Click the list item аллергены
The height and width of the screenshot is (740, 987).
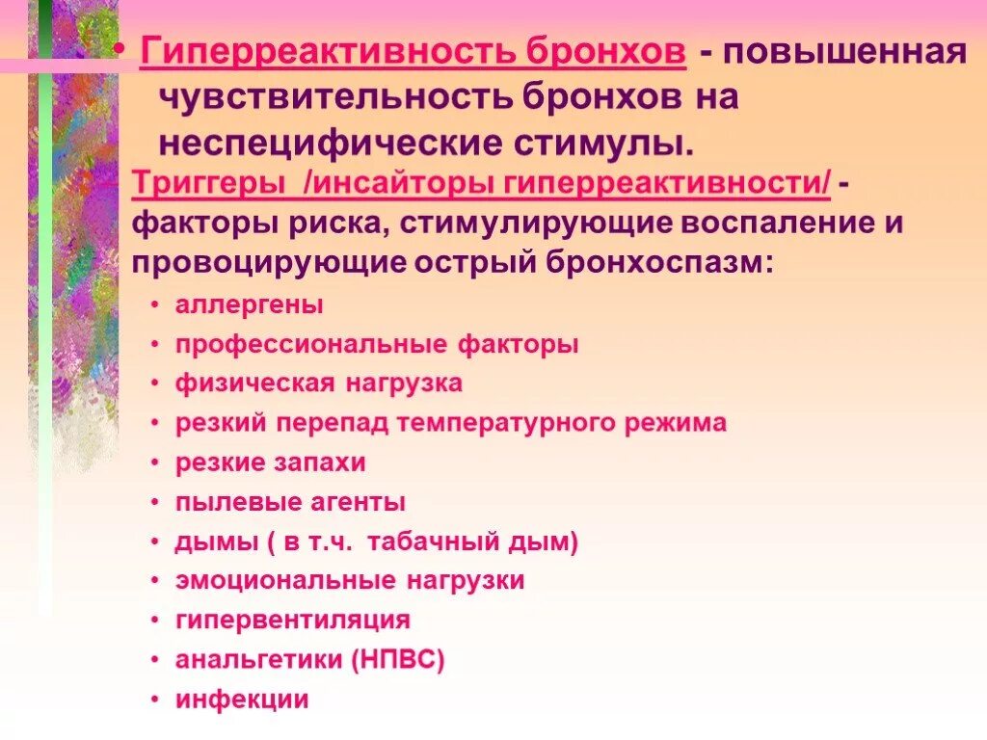(249, 305)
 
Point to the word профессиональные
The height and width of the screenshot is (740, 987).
(299, 345)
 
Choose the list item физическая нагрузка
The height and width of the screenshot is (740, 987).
(318, 383)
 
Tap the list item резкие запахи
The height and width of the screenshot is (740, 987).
(270, 462)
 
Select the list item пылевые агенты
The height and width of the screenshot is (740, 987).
(289, 502)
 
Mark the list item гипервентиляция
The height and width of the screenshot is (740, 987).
(292, 621)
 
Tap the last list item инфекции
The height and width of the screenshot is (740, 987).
(241, 700)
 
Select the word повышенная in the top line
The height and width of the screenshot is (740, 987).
(846, 51)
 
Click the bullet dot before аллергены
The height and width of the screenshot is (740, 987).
(156, 306)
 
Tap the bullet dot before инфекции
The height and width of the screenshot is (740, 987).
(156, 700)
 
